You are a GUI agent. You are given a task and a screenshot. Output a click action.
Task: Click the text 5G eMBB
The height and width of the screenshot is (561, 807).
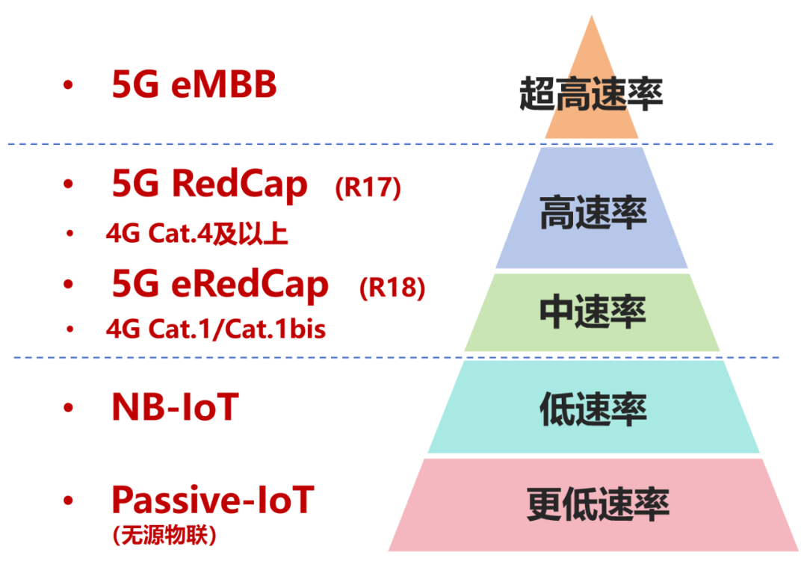coord(194,86)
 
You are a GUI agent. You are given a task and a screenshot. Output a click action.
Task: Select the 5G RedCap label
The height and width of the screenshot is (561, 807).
coord(209,185)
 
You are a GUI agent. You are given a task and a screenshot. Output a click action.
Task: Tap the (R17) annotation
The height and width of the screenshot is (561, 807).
coord(368,187)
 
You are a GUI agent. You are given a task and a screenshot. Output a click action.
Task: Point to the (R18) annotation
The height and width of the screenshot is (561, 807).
coord(392,288)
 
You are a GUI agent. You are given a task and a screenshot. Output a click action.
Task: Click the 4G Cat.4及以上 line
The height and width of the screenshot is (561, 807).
coord(197,234)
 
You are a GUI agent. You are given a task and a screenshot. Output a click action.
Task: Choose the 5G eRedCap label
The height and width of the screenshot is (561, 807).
coord(220,285)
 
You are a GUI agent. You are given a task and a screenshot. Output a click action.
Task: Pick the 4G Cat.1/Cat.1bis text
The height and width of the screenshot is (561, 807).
coord(216,329)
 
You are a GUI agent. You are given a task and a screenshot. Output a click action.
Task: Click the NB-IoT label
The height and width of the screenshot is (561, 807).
coord(174,407)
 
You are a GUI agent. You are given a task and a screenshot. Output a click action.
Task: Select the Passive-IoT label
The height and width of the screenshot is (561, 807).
coord(213,499)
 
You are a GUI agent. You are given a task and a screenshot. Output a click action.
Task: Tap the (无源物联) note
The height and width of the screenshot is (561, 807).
coord(164,535)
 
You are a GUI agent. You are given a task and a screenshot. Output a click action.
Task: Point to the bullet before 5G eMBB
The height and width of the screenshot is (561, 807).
coord(69,86)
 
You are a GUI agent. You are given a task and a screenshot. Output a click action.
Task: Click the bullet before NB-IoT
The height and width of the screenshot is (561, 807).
coord(69,408)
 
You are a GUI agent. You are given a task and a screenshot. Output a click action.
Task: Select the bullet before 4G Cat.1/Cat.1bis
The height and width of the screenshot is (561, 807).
coord(70,329)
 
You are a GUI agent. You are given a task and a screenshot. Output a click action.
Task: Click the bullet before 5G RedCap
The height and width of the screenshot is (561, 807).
coord(69,185)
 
